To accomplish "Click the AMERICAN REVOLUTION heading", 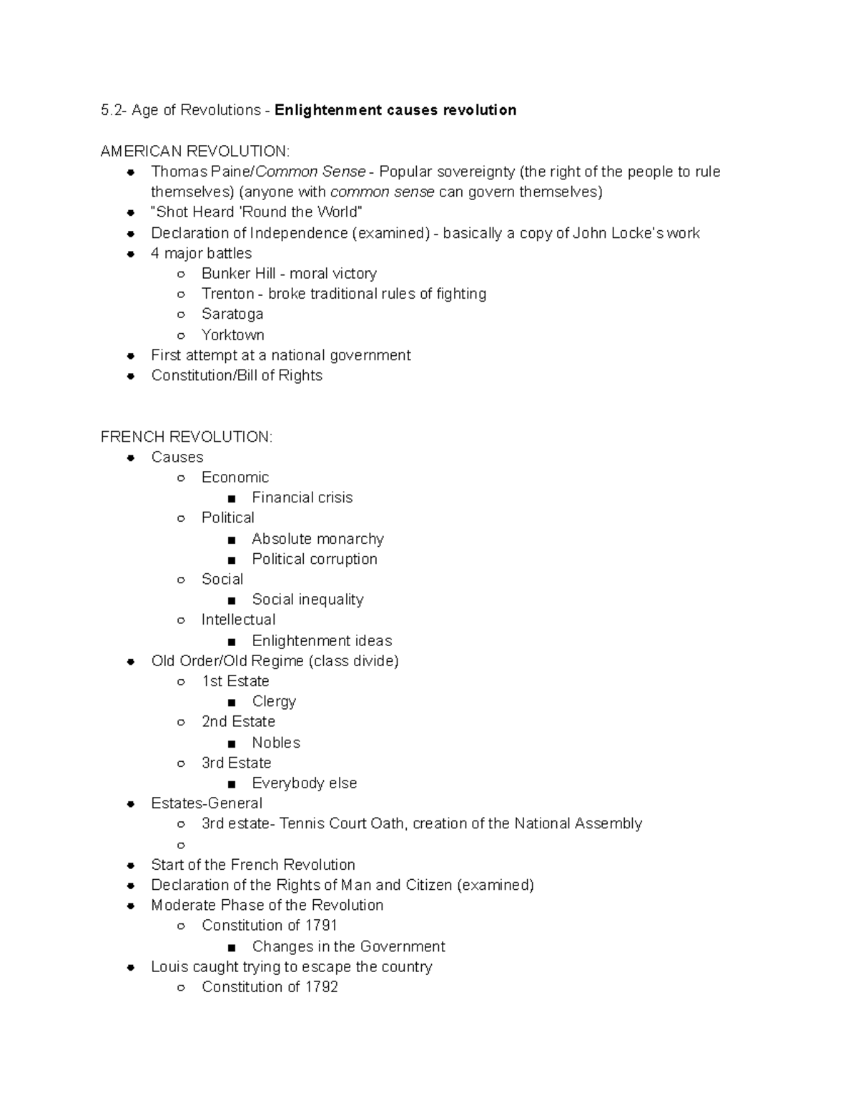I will [x=194, y=151].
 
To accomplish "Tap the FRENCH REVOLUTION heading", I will [x=186, y=437].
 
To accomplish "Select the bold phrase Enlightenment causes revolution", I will [x=395, y=110].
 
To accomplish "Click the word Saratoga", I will [x=232, y=314].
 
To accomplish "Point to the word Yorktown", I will [x=232, y=335].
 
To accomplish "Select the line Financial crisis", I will [x=302, y=497].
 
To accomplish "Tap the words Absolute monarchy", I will [x=317, y=538].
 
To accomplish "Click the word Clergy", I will [x=273, y=701].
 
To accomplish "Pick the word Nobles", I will [x=275, y=742].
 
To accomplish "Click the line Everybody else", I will [x=304, y=783].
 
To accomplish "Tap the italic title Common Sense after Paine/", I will [x=310, y=172].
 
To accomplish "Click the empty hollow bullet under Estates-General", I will [x=181, y=845].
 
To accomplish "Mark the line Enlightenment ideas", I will [x=321, y=640].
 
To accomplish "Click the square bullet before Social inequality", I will [x=231, y=600].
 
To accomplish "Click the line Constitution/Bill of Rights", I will [x=236, y=375].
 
